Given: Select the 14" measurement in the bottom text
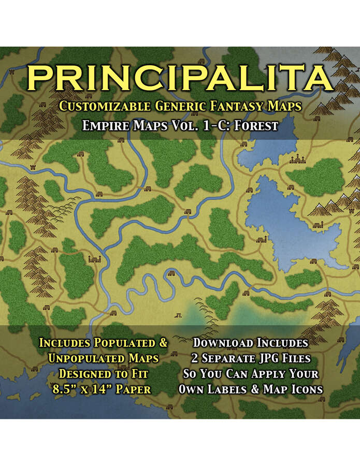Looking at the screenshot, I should pyautogui.click(x=102, y=389).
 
